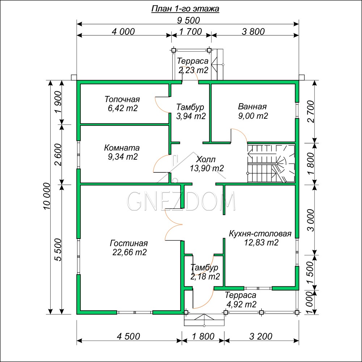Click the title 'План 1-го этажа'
point(185,9)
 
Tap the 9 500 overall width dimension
point(188,20)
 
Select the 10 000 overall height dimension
point(47,196)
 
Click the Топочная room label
point(122,99)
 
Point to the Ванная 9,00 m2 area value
point(253,116)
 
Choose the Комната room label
point(122,148)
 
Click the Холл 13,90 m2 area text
point(207,168)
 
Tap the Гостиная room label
point(129,243)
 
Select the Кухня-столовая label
point(260,233)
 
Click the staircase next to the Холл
point(271,164)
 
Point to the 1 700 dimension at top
point(191,31)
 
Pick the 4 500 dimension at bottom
point(129,336)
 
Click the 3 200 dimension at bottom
point(261,336)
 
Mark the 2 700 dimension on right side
point(311,111)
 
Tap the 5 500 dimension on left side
point(59,249)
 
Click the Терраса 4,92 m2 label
point(241,300)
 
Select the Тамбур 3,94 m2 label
point(191,111)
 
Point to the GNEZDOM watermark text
point(181,201)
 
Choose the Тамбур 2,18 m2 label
point(205,272)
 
